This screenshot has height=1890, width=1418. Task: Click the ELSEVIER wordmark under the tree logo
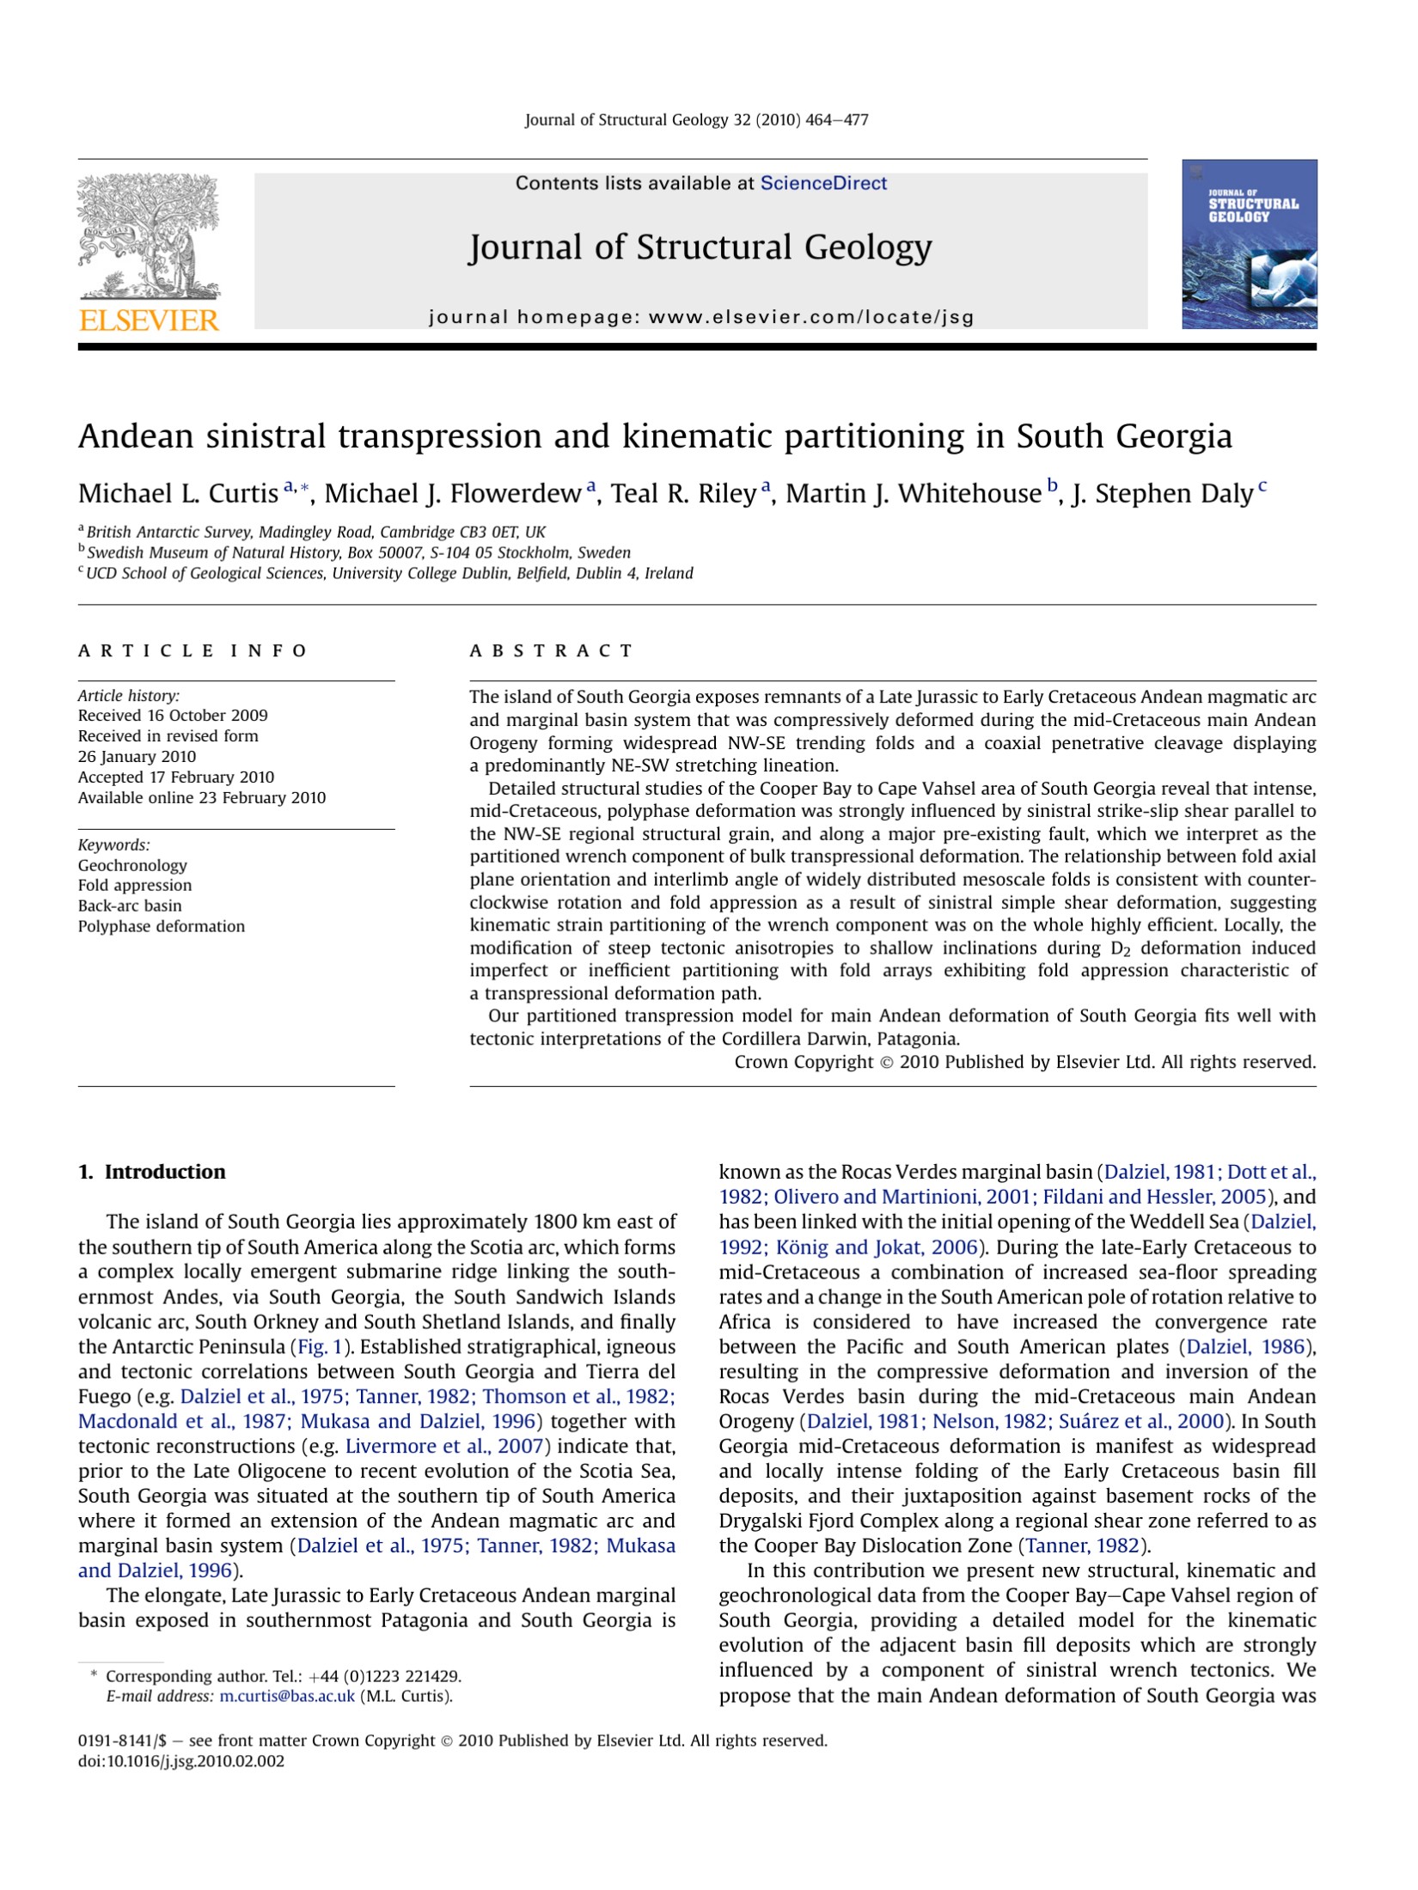coord(149,320)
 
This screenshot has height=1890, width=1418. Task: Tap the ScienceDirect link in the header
coord(823,183)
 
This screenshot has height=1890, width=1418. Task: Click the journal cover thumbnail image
coord(1249,244)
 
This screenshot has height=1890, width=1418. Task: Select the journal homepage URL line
coord(701,317)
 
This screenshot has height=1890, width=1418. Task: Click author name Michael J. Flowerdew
coord(452,494)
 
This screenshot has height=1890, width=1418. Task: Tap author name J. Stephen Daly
coord(1161,494)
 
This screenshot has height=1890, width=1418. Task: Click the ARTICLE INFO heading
coord(193,650)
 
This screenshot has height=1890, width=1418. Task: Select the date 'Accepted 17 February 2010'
coord(176,777)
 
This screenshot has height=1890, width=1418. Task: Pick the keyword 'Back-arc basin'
coord(130,905)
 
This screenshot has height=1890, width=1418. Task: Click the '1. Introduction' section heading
coord(151,1172)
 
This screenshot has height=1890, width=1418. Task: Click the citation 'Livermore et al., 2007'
coord(443,1446)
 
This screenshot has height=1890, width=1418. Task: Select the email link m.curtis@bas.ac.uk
coord(287,1696)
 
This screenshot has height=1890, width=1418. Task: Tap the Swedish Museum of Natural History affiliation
coord(358,552)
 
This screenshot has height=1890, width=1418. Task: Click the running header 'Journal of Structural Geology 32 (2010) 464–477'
coord(697,120)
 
